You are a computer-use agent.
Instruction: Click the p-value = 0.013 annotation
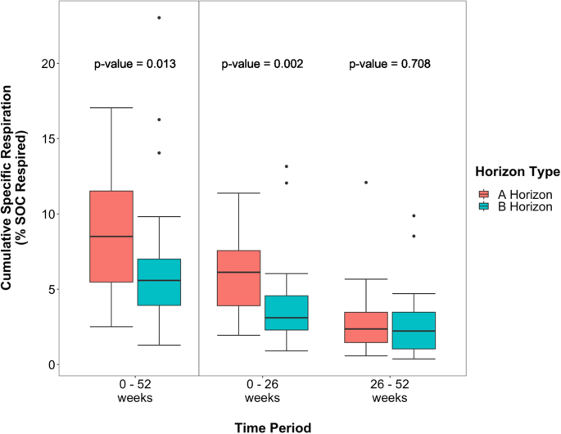pyautogui.click(x=135, y=63)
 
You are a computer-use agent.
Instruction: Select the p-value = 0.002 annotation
pyautogui.click(x=263, y=63)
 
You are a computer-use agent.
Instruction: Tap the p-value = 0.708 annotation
pyautogui.click(x=390, y=63)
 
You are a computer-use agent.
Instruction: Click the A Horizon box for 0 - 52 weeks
pyautogui.click(x=111, y=236)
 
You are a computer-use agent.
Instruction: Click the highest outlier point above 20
pyautogui.click(x=158, y=17)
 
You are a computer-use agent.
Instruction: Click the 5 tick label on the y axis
pyautogui.click(x=48, y=289)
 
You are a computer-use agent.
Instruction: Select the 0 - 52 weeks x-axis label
pyautogui.click(x=134, y=390)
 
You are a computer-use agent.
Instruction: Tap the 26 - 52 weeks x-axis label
pyautogui.click(x=388, y=390)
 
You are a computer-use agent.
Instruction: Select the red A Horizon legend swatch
pyautogui.click(x=484, y=194)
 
